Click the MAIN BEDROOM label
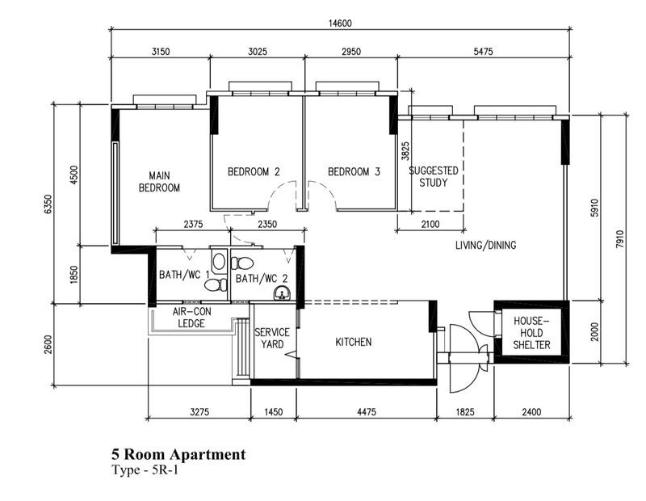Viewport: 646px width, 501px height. [158, 182]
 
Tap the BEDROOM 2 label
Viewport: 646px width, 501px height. [254, 171]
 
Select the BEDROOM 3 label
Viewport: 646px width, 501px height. [354, 171]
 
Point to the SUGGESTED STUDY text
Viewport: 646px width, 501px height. [434, 176]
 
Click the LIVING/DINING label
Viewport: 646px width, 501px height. [485, 246]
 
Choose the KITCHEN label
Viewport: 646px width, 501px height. [354, 342]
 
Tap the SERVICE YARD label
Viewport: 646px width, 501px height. [272, 338]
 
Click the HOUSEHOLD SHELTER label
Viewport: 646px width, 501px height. [532, 333]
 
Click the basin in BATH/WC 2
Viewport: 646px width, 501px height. [282, 292]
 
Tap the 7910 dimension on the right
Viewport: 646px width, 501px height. [619, 240]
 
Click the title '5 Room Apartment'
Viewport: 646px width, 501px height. [178, 455]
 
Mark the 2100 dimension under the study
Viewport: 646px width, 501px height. [430, 224]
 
